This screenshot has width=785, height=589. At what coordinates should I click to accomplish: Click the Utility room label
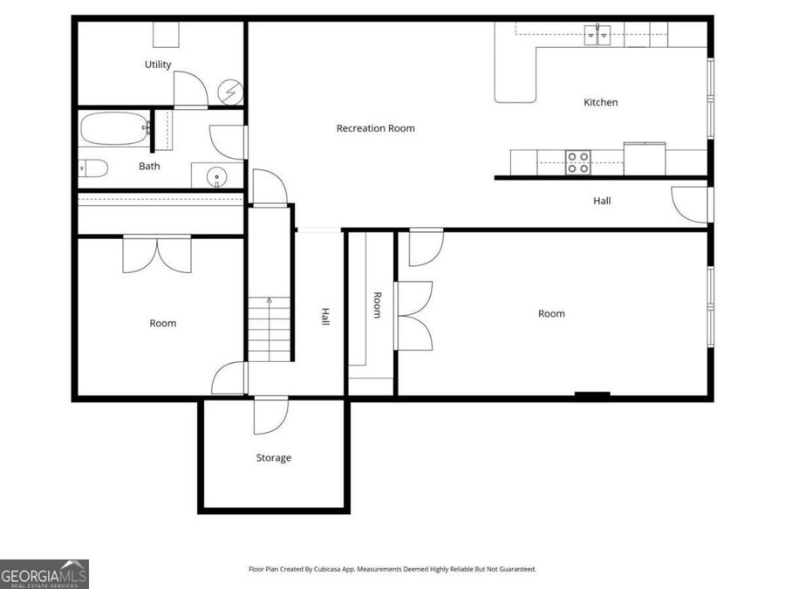point(158,65)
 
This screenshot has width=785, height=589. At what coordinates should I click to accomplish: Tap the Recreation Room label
point(376,128)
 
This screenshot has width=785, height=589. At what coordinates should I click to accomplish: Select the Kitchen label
point(600,102)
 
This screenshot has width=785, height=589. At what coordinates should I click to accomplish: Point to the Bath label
point(149,166)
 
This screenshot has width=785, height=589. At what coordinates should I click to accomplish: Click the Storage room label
point(273,458)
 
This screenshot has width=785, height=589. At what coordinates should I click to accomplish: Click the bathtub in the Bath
point(114,131)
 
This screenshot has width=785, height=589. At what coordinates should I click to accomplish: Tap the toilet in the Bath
point(92,168)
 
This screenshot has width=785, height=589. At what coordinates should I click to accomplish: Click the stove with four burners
point(577,161)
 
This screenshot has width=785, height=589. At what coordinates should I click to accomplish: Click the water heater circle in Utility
point(232,92)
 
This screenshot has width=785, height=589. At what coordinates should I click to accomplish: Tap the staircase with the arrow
point(270,327)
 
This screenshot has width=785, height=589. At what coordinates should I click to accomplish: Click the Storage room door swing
point(270,415)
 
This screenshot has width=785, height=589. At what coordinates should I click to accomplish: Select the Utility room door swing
point(190,89)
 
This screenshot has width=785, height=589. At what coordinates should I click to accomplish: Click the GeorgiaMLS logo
point(44,574)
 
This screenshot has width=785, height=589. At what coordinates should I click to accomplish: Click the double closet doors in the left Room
point(157,254)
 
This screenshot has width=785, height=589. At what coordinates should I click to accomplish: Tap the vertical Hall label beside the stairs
point(324,317)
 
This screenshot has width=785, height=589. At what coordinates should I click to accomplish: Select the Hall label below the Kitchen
point(602,201)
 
